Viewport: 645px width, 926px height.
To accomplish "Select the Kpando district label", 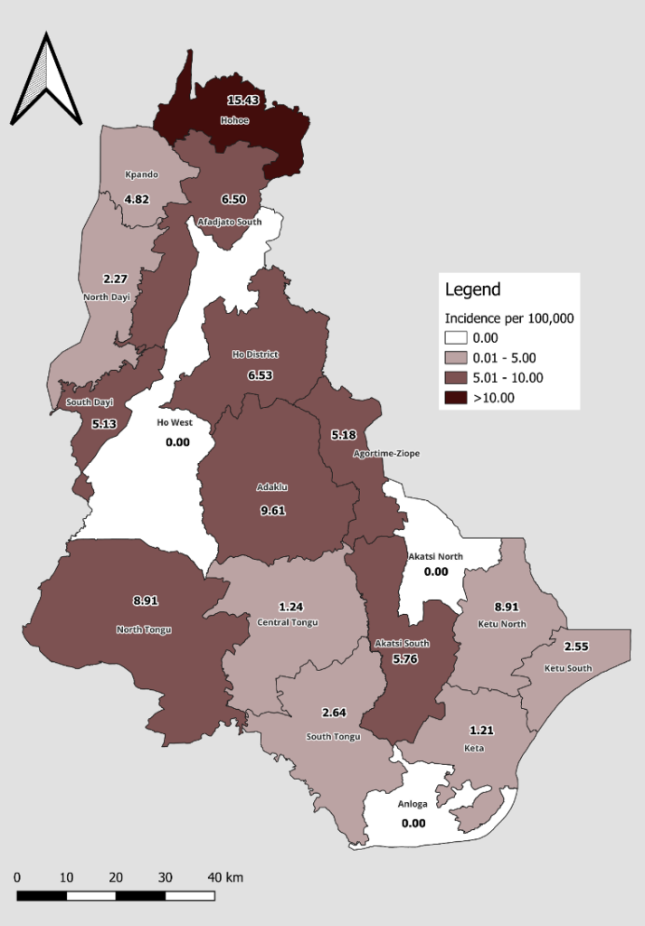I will coord(140,174).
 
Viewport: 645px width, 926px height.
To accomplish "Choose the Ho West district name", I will coord(175,422).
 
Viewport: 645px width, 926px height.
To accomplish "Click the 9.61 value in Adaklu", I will coord(272,510).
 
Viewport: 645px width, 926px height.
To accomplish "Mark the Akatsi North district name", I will coord(436,556).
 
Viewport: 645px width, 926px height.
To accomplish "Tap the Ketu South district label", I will coord(568,668).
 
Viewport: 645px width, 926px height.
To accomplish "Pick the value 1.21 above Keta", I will coord(481,729).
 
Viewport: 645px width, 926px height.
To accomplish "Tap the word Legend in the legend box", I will coord(472,290).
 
